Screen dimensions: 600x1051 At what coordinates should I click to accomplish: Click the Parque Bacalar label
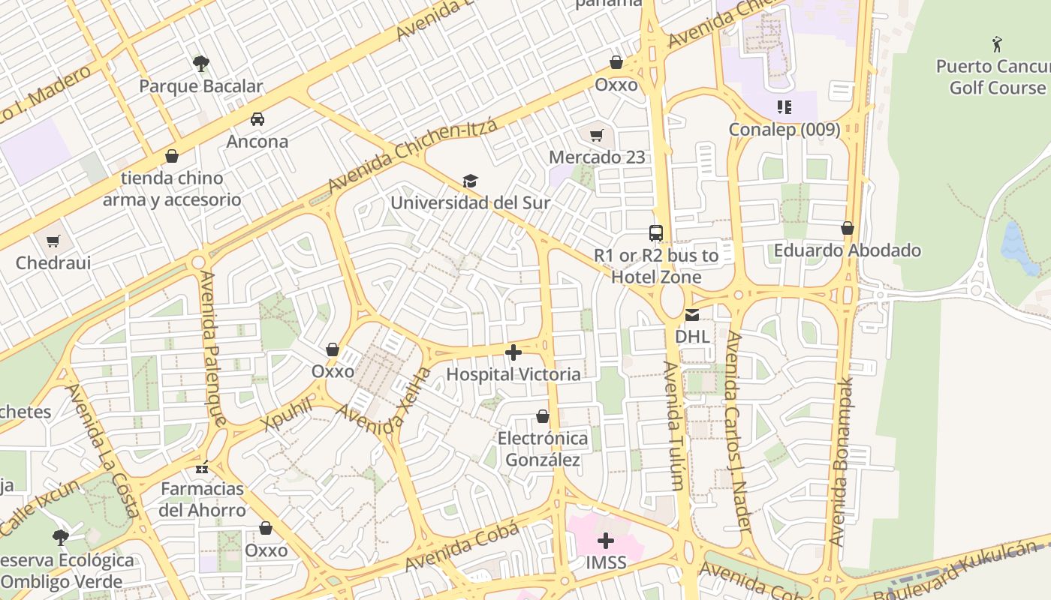point(200,86)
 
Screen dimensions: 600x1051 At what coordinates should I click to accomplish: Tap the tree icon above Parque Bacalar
point(200,64)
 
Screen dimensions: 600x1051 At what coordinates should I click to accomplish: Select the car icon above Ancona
point(257,119)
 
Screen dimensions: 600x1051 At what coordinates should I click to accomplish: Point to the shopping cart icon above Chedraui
point(53,241)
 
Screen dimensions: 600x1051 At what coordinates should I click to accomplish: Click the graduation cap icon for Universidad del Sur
point(470,181)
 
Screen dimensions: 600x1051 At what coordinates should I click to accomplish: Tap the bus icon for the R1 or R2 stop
point(656,232)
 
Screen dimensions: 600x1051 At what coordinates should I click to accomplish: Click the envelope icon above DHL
point(691,314)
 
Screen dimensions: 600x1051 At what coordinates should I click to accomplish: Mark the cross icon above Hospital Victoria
point(513,352)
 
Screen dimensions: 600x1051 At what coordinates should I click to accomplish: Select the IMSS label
point(606,562)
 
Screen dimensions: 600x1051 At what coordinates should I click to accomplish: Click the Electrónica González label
point(543,448)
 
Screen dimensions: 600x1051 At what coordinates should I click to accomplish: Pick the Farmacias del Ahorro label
point(203,499)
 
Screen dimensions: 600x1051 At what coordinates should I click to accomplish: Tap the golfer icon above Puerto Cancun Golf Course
point(997,44)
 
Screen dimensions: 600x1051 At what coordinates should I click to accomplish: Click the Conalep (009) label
point(784,130)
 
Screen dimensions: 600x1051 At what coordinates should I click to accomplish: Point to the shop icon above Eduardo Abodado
point(848,228)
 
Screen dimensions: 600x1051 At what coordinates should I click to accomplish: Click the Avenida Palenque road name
point(212,349)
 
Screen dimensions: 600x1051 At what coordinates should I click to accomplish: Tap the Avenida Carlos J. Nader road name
point(737,431)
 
